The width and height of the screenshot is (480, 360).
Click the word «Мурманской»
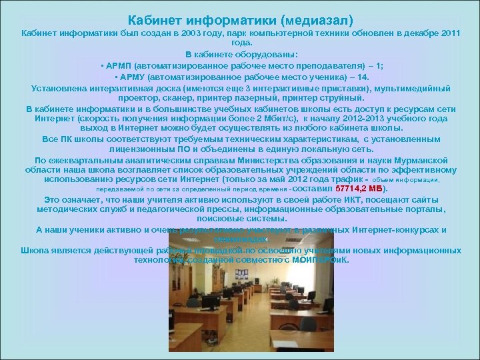click(425, 160)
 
